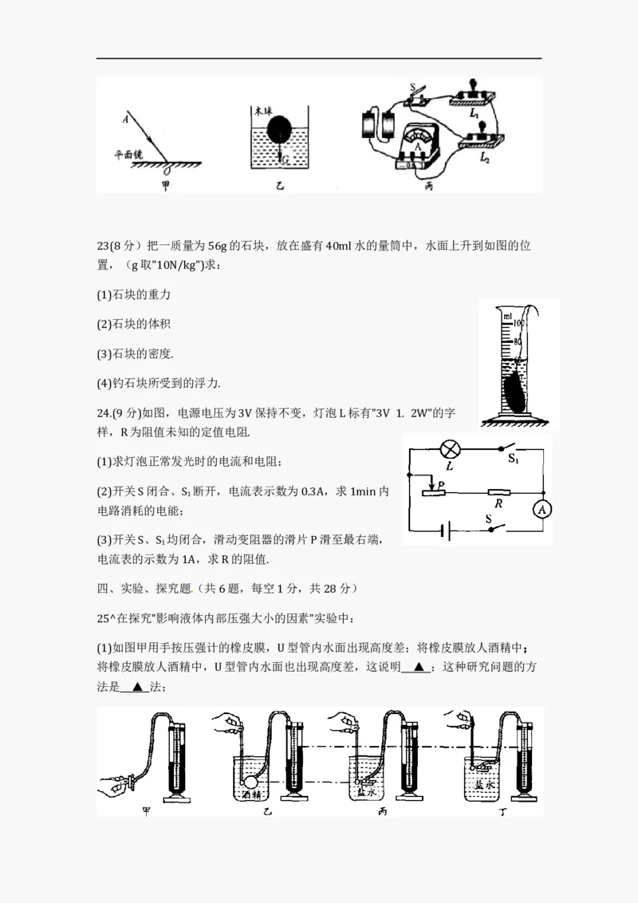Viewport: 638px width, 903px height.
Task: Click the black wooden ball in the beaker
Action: point(278,129)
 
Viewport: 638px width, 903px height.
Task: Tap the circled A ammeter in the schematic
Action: point(542,509)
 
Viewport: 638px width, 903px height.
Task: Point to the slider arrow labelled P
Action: point(431,483)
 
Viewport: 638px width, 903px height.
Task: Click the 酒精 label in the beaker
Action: point(251,795)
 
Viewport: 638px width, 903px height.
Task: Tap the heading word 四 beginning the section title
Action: point(101,589)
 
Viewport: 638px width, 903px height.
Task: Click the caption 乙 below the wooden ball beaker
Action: point(278,187)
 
